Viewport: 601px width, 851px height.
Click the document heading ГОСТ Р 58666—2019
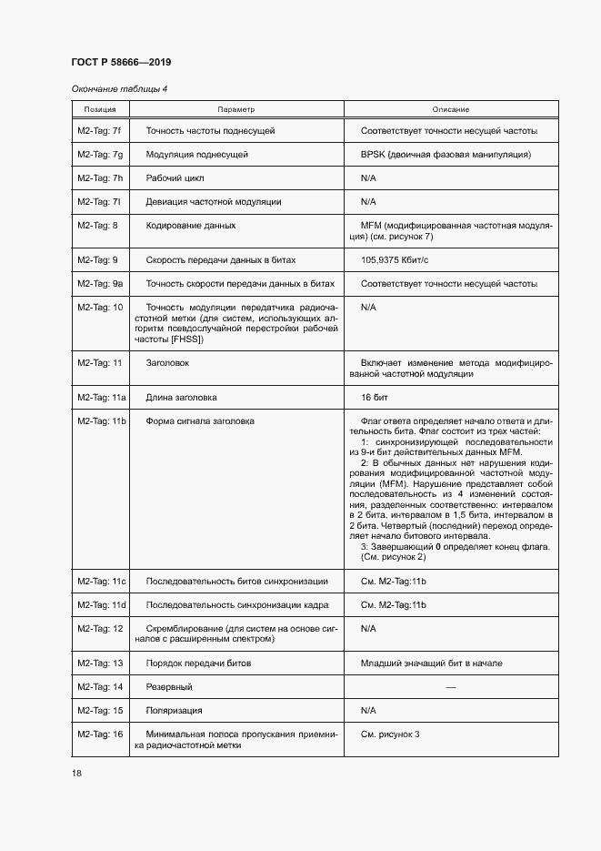tap(120, 62)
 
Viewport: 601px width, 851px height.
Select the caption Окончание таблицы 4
tap(118, 88)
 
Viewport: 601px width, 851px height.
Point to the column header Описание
tap(450, 109)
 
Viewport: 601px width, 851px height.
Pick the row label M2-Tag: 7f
tap(100, 131)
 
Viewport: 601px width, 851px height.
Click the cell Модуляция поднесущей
tap(196, 155)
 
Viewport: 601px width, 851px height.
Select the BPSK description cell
tap(446, 155)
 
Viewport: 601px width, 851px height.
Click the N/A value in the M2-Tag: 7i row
tap(368, 202)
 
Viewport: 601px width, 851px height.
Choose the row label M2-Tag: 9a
tap(100, 284)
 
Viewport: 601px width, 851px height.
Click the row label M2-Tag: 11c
tap(102, 581)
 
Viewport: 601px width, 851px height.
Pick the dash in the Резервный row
tap(450, 686)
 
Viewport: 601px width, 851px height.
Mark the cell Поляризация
tap(174, 710)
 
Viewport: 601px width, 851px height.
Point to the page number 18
tap(76, 773)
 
